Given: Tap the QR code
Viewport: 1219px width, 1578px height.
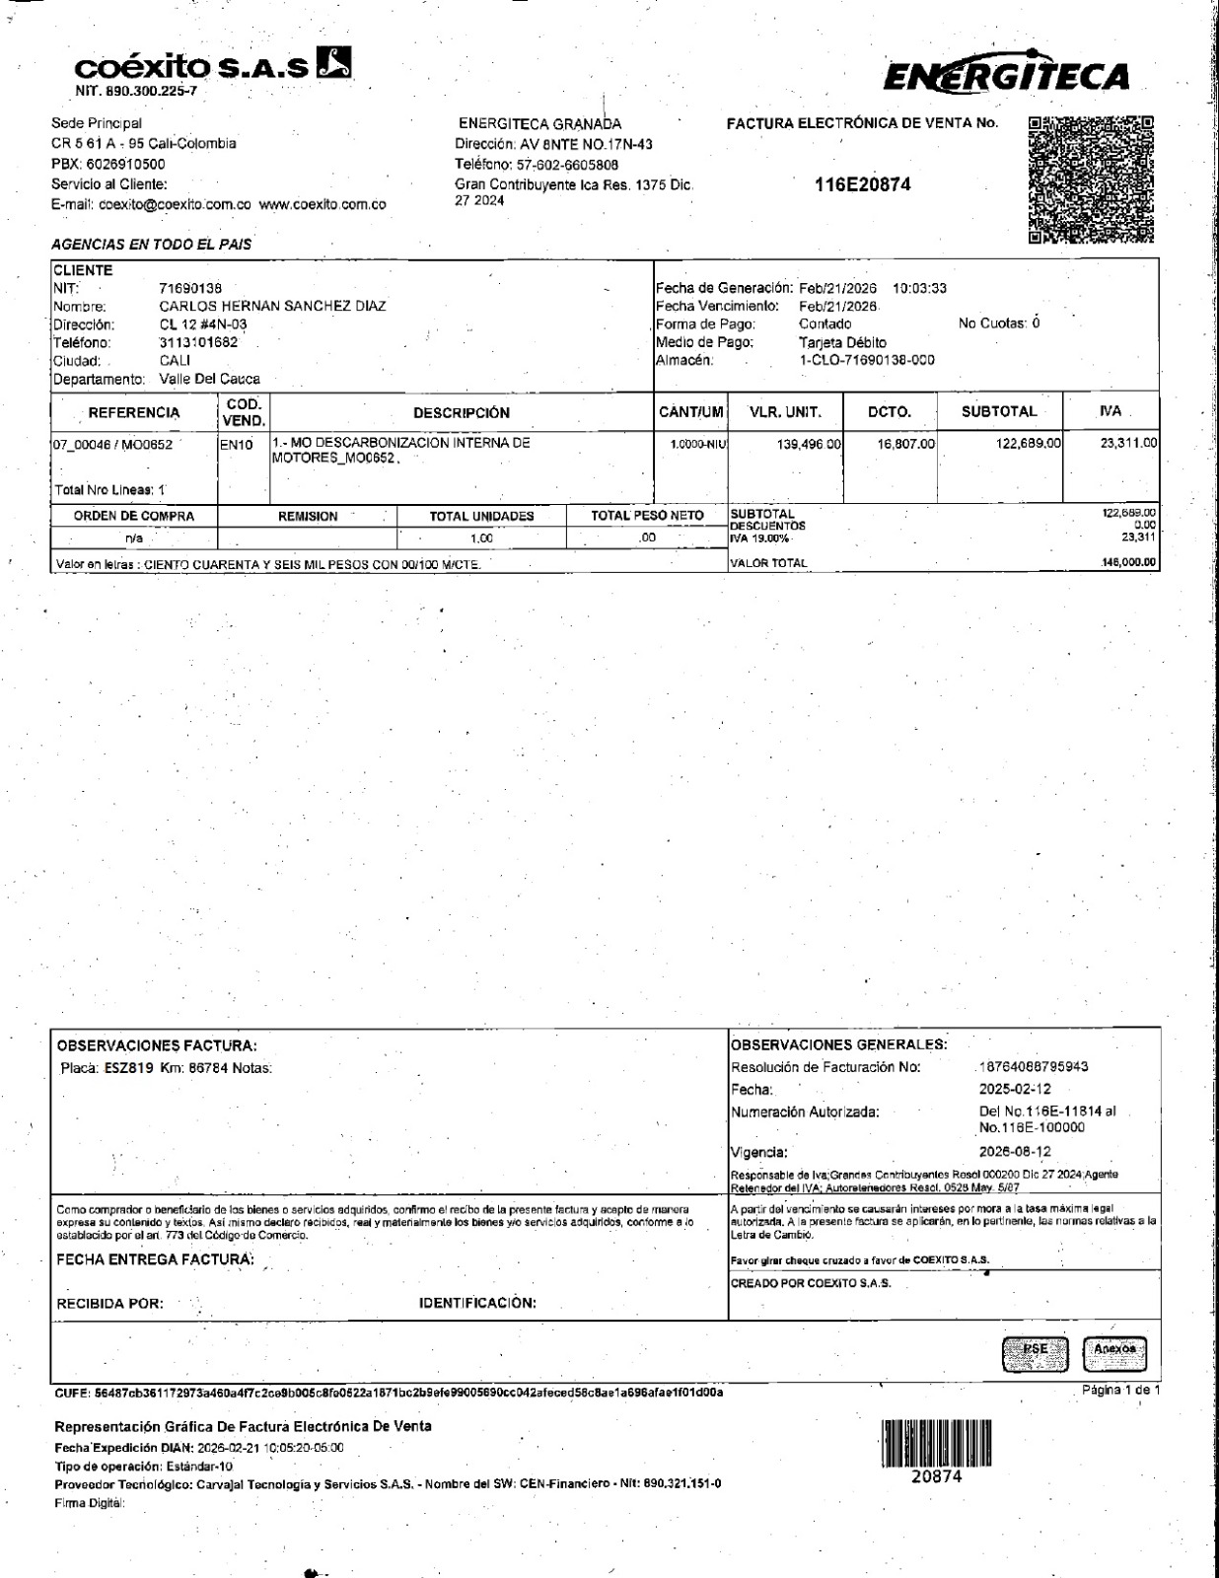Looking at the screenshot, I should [1090, 179].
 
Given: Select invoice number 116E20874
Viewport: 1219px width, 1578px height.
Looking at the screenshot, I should [863, 184].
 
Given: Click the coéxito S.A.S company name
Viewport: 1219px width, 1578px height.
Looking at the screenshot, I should [197, 67].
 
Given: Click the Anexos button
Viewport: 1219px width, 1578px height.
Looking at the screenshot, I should [1114, 1349].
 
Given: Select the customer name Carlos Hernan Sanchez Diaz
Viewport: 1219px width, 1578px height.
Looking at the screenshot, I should [272, 306].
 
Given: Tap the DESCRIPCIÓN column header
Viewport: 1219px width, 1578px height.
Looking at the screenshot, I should [462, 412].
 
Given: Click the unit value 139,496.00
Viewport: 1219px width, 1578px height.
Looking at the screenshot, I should [809, 444].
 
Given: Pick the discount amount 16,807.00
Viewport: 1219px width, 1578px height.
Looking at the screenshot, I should [905, 444].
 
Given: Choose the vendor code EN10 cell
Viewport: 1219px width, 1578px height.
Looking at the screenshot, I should [237, 445].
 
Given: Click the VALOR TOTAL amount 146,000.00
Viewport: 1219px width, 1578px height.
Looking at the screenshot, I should [1129, 563].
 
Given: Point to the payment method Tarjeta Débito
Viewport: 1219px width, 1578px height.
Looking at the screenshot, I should [842, 342].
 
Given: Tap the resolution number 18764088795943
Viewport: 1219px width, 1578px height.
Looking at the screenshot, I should [1034, 1067].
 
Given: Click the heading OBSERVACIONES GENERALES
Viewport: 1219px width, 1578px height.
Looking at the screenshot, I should [838, 1044].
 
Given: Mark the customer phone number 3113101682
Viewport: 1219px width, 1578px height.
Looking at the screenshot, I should [198, 342].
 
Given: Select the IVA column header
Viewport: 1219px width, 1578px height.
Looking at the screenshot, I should [1111, 411].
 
